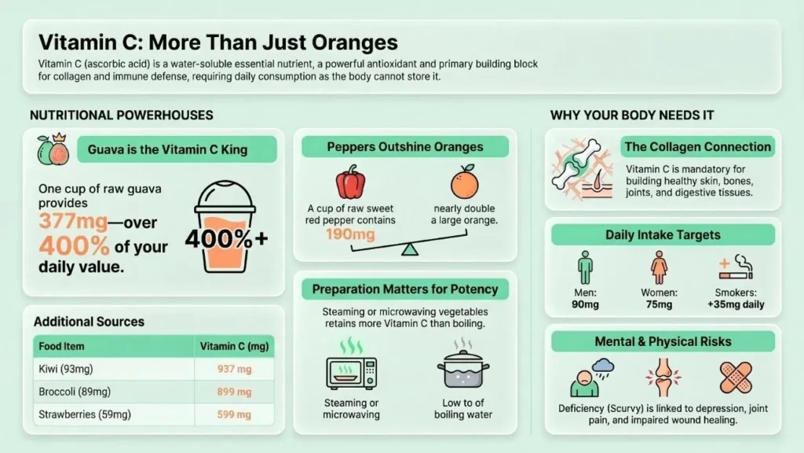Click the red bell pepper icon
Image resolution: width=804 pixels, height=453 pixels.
(x=351, y=182)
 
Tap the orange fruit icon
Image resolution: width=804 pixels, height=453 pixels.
(x=465, y=182)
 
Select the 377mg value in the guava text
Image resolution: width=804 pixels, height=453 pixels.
(x=73, y=221)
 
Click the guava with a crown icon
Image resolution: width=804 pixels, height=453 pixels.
(x=53, y=149)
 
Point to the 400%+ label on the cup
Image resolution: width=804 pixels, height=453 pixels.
(x=226, y=239)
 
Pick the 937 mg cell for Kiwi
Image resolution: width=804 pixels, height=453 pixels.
(x=234, y=370)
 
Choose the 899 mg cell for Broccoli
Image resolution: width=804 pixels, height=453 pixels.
(x=234, y=392)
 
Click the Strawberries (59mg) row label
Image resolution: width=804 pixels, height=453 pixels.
(x=85, y=414)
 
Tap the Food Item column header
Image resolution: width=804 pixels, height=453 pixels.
(x=61, y=346)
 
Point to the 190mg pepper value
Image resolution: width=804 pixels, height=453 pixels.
(x=350, y=234)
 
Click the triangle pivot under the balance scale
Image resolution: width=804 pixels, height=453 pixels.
(x=410, y=249)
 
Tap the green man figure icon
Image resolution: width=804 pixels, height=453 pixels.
(x=585, y=267)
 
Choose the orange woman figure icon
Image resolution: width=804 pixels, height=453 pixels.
(x=659, y=267)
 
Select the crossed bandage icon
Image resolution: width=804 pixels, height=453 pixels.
(x=736, y=377)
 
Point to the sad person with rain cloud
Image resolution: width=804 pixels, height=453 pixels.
(x=592, y=377)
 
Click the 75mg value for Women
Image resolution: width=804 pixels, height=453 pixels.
(x=659, y=304)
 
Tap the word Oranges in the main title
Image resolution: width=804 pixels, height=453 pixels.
(x=355, y=42)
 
